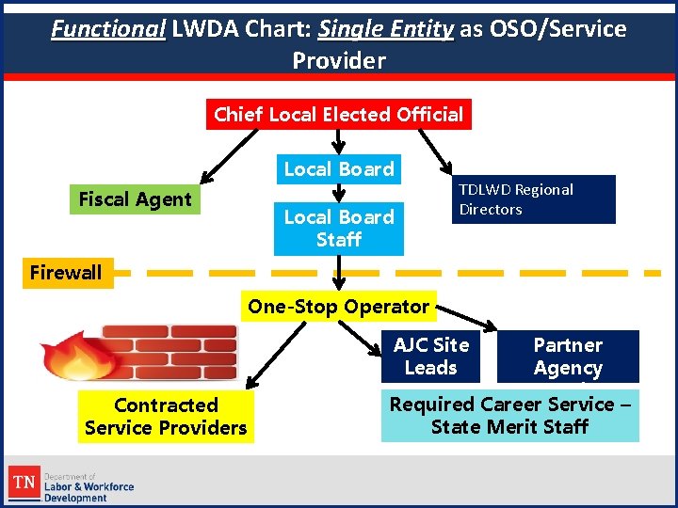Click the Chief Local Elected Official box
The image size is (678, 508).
pos(338,115)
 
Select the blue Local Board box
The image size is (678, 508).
pos(338,169)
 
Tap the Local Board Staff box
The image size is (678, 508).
pos(338,229)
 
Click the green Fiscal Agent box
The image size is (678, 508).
pos(135,199)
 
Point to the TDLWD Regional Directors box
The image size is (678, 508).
pos(534,199)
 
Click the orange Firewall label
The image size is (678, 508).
pos(66,273)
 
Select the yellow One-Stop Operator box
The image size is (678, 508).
pos(338,307)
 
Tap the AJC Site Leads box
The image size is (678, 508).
pos(430,357)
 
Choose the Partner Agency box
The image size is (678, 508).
pos(567,357)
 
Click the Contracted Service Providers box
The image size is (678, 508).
pos(166,417)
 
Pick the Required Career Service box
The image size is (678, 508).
pos(509,416)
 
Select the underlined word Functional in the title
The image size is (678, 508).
pos(108,29)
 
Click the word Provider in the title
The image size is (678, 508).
pos(339,61)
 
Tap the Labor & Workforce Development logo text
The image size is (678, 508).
pos(89,486)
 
